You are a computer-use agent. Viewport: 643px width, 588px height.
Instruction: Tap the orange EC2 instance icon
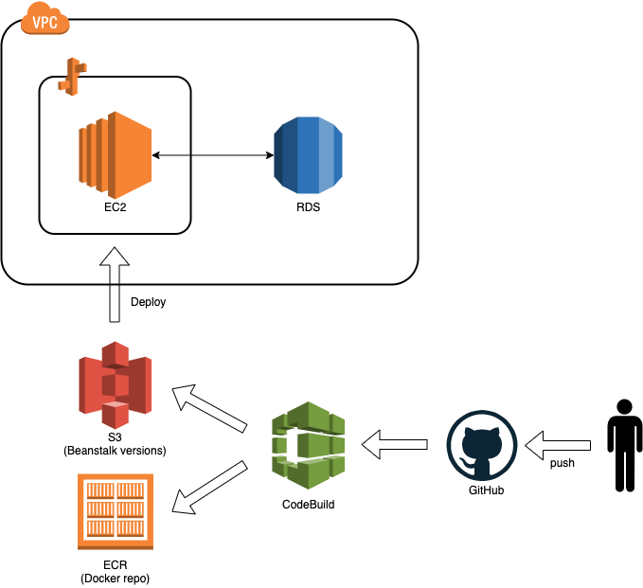(115, 152)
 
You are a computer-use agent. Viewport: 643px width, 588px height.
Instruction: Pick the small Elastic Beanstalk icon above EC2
(71, 77)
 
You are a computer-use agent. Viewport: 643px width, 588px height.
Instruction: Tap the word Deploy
(149, 302)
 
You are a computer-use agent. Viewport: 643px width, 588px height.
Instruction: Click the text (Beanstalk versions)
(116, 451)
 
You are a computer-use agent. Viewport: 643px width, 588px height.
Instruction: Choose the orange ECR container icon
(115, 511)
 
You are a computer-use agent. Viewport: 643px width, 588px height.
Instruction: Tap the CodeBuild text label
(308, 505)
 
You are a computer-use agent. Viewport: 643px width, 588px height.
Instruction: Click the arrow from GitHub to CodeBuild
(397, 441)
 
